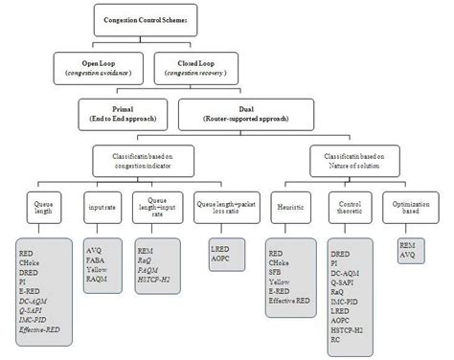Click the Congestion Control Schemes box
click(153, 18)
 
